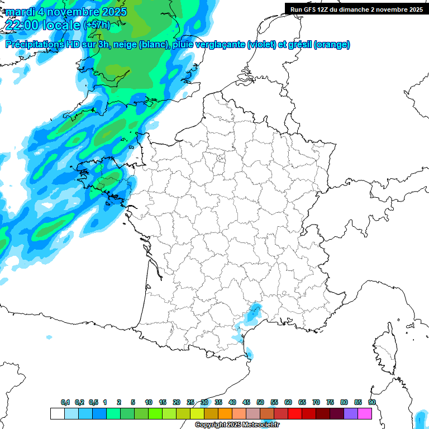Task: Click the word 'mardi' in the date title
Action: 21,11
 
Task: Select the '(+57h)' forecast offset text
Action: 96,25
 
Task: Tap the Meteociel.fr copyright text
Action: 237,425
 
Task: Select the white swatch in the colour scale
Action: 57,414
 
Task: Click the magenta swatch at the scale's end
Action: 365,414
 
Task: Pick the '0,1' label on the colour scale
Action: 65,402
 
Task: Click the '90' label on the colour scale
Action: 372,402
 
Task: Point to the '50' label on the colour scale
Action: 260,402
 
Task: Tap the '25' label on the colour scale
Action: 190,402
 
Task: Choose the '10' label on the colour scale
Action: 149,402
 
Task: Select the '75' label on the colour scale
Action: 330,402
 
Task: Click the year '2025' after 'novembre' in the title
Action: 111,11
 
